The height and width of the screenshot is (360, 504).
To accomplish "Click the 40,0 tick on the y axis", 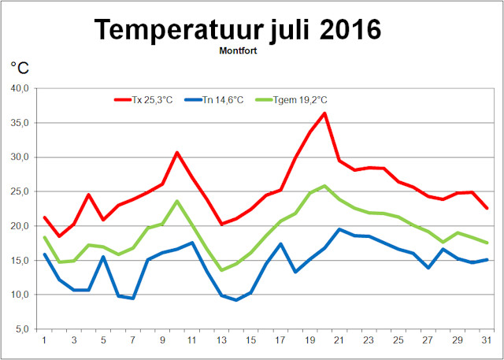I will [x=18, y=88].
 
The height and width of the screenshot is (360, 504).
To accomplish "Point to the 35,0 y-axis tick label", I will [x=18, y=123].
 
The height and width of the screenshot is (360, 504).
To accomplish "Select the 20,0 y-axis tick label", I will [x=18, y=226].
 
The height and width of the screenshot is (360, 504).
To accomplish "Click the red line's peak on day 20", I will [x=324, y=113].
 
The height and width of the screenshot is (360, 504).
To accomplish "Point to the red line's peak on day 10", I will [x=177, y=152].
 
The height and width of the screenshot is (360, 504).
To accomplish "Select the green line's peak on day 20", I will [x=324, y=186].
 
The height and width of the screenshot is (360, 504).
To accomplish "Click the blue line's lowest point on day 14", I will [x=236, y=300].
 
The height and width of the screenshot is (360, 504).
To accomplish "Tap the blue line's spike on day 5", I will [x=103, y=256].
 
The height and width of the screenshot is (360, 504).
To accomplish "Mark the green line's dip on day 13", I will [x=221, y=270].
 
